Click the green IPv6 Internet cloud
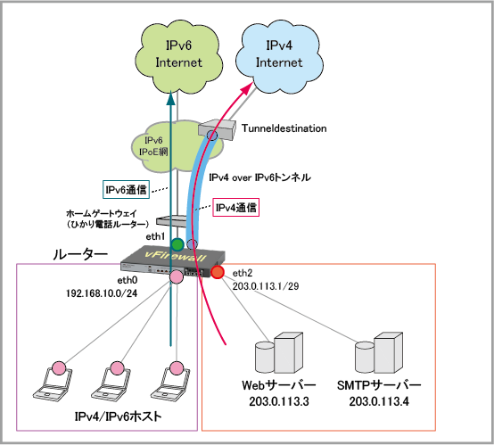click(x=178, y=56)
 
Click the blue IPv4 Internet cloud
click(x=279, y=56)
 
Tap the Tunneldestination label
click(x=284, y=128)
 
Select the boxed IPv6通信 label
click(x=126, y=190)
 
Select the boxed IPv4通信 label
click(x=236, y=208)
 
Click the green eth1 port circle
click(x=177, y=244)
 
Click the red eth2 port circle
click(x=217, y=272)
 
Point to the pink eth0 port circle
click(x=177, y=276)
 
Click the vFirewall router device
click(x=173, y=260)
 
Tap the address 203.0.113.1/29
click(x=266, y=286)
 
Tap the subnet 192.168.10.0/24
click(x=102, y=293)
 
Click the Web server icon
click(x=279, y=352)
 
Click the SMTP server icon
click(x=379, y=352)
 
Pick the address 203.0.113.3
click(x=279, y=401)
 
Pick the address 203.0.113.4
click(x=379, y=401)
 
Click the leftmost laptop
click(x=52, y=382)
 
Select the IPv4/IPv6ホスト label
click(x=118, y=416)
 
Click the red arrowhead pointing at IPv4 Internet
click(x=247, y=87)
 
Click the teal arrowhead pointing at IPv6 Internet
click(x=170, y=98)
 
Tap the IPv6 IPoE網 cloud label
click(x=153, y=146)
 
